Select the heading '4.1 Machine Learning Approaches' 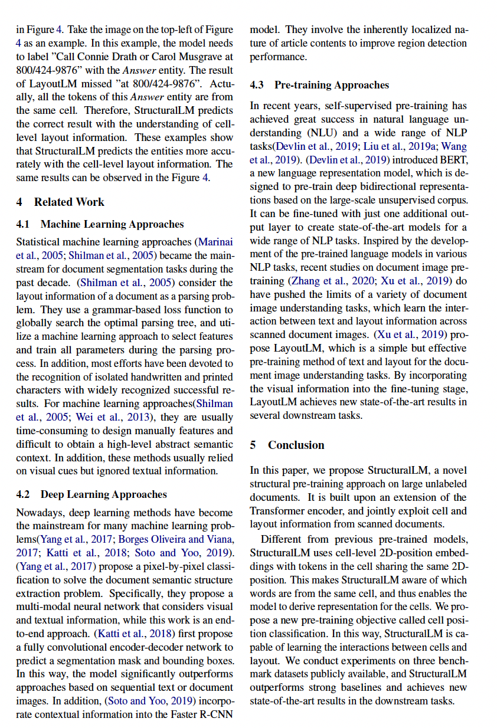click(100, 224)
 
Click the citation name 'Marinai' click(215, 242)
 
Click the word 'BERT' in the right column click(454, 160)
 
